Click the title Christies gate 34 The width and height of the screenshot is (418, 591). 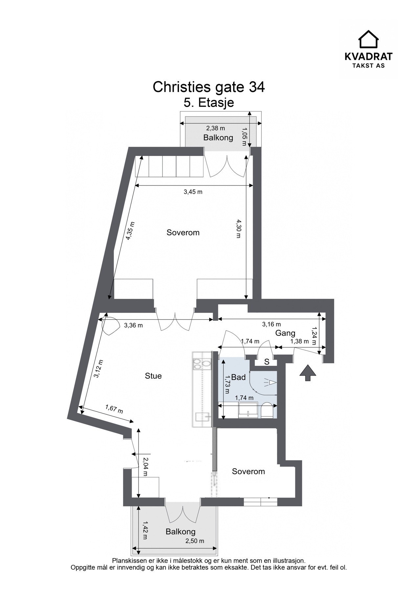point(209,87)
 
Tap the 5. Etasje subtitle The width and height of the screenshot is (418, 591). point(209,102)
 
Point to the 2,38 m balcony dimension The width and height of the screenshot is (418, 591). point(215,128)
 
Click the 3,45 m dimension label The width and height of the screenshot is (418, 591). point(193,192)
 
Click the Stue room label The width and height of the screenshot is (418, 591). point(153,376)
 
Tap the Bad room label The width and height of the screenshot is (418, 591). point(238,377)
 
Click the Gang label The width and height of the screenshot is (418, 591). point(285,333)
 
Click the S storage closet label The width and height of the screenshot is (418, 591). point(267,362)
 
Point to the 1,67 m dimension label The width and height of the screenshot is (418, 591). point(114,409)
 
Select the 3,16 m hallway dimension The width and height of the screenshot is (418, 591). point(271,324)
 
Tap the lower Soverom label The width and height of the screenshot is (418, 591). point(248,471)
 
